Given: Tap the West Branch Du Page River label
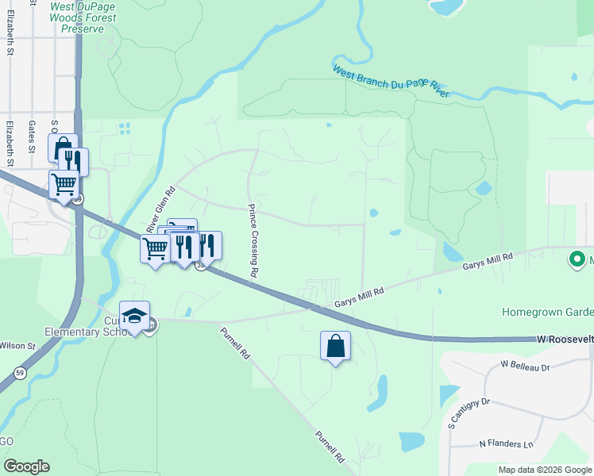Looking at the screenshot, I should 391,82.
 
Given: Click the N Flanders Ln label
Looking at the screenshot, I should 506,443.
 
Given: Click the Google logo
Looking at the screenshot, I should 26,466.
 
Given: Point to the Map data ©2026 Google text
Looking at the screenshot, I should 544,470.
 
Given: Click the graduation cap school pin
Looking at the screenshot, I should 135,317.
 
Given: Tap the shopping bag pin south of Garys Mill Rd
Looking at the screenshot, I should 335,346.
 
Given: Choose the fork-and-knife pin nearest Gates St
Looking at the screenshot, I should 73,162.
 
